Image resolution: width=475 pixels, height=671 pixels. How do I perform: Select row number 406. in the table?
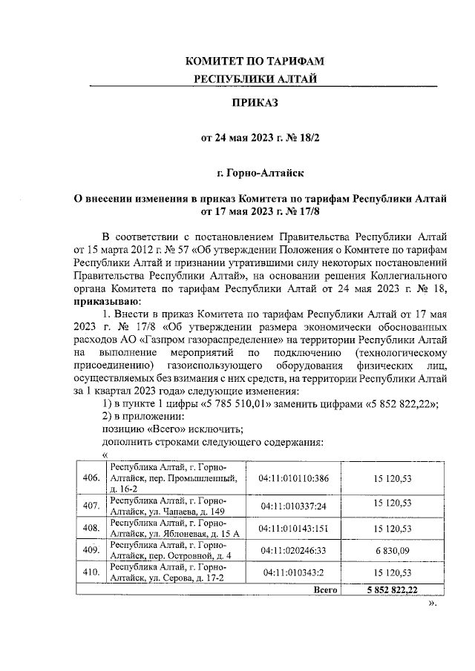[91, 477]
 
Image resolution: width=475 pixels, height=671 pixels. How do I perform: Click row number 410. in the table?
[91, 573]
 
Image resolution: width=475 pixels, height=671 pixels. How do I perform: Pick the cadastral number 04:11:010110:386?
[294, 477]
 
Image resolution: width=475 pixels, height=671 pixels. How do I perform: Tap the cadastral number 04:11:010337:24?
[294, 505]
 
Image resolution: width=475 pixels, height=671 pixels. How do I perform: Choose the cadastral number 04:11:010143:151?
[294, 529]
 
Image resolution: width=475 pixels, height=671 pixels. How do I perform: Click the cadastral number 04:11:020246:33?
[294, 552]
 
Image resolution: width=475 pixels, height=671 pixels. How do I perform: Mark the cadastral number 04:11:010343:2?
[294, 573]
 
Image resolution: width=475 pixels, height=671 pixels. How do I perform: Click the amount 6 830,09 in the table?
[393, 552]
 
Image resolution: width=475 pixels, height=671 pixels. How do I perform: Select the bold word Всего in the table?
[325, 590]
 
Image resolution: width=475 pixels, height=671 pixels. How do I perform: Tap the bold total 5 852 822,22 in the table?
[393, 590]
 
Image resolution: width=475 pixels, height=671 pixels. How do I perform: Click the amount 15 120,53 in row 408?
[393, 529]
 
